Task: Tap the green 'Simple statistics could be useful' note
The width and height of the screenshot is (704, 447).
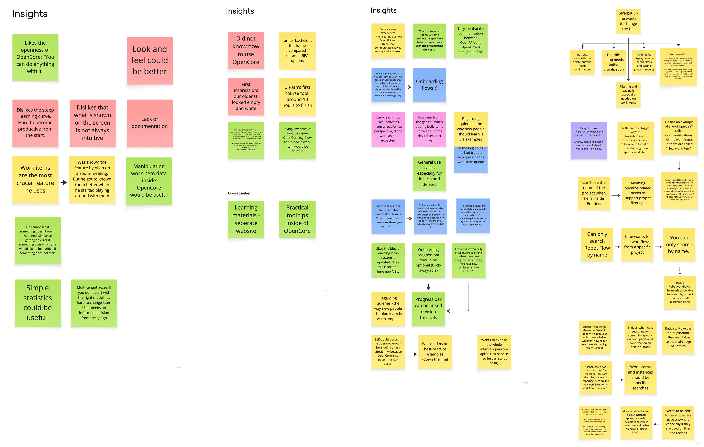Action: click(37, 303)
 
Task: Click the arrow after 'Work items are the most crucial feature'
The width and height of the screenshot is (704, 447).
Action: click(64, 183)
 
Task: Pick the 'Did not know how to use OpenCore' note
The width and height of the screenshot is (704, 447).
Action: click(246, 50)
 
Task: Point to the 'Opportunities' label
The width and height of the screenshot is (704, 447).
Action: click(239, 193)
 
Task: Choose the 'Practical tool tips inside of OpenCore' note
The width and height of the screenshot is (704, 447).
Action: click(297, 219)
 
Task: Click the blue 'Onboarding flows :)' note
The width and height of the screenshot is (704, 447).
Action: click(429, 85)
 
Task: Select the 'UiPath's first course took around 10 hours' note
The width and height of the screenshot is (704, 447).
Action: click(297, 96)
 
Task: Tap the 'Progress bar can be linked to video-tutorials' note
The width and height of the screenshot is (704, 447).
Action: click(428, 309)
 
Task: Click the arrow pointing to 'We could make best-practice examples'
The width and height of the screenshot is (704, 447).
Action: click(411, 354)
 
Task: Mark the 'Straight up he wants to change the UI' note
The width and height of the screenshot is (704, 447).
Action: click(628, 21)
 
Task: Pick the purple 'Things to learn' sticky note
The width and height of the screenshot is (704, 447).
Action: click(588, 140)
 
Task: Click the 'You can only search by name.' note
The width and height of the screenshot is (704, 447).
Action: click(679, 244)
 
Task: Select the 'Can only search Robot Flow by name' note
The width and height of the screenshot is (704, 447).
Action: click(597, 244)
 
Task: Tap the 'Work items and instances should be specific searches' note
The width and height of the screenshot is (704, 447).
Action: click(640, 377)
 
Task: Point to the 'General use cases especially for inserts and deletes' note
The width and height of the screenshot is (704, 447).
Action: click(429, 173)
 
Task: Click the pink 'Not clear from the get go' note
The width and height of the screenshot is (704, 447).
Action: click(429, 129)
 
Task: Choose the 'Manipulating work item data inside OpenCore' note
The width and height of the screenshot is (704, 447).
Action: click(149, 181)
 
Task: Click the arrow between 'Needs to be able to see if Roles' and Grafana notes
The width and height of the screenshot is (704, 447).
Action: click(657, 424)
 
